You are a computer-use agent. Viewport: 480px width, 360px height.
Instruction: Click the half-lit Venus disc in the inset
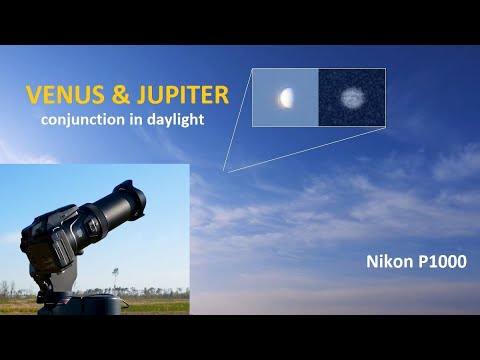pos(286,97)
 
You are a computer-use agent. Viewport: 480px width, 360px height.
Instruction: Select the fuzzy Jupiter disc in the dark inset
pos(352,98)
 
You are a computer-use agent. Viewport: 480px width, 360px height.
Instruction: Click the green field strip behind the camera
pos(160,306)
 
